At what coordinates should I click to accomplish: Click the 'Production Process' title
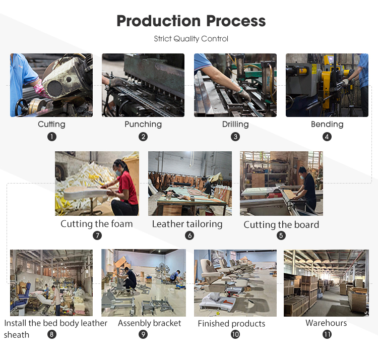191,21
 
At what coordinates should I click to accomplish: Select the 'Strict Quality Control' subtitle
191,39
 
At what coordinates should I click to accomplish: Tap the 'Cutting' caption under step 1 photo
51,124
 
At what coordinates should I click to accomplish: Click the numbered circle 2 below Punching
143,137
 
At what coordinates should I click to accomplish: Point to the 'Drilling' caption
235,124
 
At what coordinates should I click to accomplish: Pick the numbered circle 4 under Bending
327,137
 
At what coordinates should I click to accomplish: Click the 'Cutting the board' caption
281,225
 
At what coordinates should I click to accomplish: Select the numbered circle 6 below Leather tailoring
190,235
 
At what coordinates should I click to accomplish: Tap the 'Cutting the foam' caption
97,224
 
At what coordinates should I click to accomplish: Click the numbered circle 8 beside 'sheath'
52,334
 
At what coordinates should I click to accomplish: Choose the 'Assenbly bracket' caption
150,323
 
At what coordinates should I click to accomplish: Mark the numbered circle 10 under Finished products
235,334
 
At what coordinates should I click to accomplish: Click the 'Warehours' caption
326,323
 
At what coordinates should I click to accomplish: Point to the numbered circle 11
327,334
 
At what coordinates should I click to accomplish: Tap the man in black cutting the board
306,188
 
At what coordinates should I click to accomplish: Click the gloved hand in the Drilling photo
243,94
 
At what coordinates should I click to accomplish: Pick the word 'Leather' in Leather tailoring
166,224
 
